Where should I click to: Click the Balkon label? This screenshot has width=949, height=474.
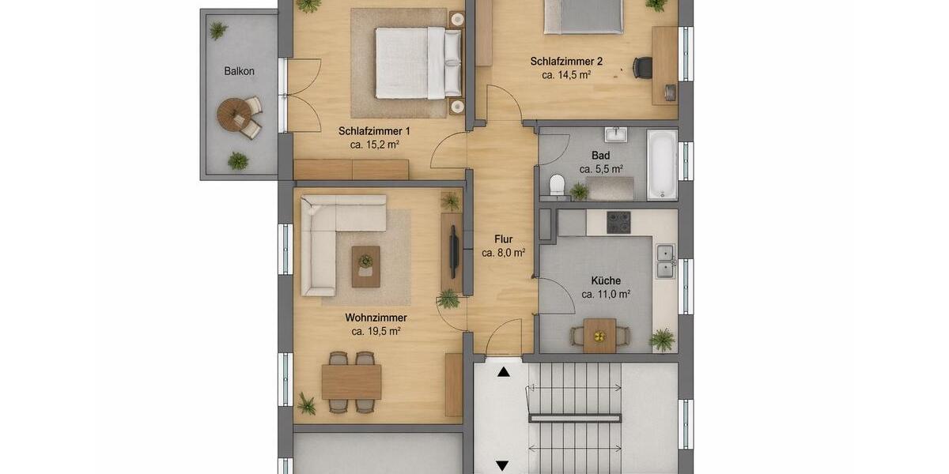coord(239,71)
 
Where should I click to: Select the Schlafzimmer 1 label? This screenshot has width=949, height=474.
coord(374,131)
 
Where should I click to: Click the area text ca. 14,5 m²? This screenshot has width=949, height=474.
coord(567,75)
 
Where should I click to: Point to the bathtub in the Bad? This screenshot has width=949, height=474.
coord(662,164)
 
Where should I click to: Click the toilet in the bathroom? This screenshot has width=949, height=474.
coord(557,185)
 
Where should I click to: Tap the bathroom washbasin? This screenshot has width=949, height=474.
coord(614,134)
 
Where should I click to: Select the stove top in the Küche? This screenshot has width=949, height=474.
coord(618,222)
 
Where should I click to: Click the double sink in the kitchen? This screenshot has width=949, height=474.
coord(665,261)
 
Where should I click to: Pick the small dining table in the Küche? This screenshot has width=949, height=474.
coord(599,335)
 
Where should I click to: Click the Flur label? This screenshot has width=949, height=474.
coord(504,239)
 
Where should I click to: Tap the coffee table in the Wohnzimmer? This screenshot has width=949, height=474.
coord(365,266)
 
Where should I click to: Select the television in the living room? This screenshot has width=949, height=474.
coord(454,247)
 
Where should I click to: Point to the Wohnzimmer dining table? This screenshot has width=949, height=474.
coord(351,382)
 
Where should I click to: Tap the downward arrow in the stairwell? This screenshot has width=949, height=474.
coord(502,465)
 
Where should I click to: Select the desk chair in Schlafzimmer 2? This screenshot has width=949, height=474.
coord(642,67)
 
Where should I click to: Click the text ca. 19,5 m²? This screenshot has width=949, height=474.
coord(376,332)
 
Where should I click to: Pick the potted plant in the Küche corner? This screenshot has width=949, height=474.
coord(662,340)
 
